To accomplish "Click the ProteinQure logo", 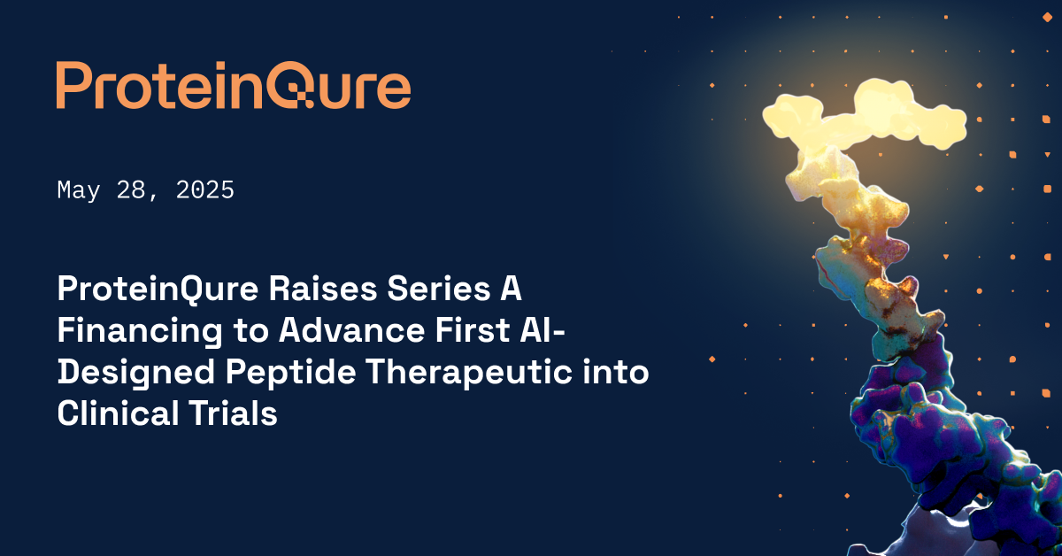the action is click(x=234, y=85).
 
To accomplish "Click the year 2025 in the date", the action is click(x=204, y=189).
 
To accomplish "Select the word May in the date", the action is click(x=78, y=191).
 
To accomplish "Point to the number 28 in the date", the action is click(x=131, y=189).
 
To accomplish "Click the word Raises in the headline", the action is click(x=323, y=289).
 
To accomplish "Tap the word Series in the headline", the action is click(x=439, y=289).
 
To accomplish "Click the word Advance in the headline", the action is click(x=351, y=330).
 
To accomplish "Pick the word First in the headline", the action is click(x=473, y=330).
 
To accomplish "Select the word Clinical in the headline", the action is click(x=118, y=413).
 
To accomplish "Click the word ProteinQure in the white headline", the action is click(x=158, y=289).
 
